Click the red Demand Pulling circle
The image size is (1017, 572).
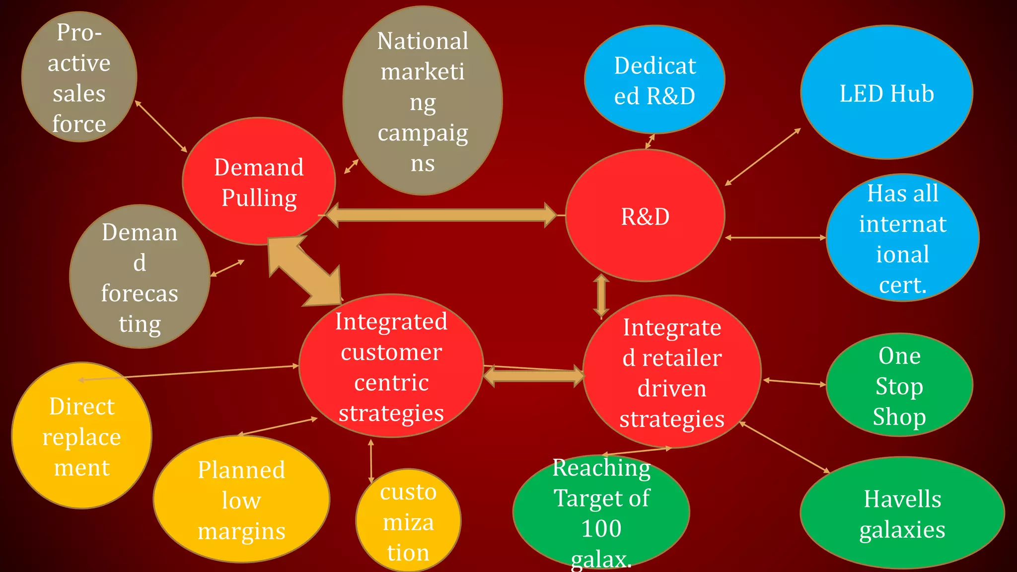(259, 182)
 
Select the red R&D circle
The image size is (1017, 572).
(645, 216)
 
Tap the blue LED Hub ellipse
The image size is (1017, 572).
(886, 93)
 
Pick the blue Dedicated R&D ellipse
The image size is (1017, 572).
(654, 80)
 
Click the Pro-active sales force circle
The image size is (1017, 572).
(79, 77)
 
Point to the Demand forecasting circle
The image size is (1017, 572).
(140, 277)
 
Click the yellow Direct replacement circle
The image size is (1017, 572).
(81, 436)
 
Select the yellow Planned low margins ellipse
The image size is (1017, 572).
(241, 500)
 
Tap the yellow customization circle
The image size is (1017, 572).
(408, 521)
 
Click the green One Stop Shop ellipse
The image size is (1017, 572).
(899, 385)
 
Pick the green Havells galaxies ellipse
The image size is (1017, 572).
(902, 513)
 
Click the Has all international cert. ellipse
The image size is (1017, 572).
(902, 238)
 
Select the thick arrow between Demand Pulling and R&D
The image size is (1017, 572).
(441, 215)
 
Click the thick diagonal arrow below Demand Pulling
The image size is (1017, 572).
(305, 271)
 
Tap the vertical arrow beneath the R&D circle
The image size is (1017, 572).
(601, 296)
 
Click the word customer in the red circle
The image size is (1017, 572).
(391, 353)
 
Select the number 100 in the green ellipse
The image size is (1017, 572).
(601, 528)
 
